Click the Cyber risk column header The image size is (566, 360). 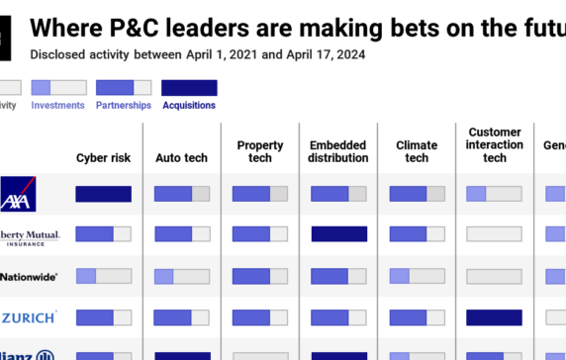[103, 158]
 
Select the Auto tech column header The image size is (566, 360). [181, 158]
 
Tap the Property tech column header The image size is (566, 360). [260, 151]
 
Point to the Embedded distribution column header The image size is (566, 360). [338, 151]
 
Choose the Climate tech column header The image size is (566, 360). [417, 151]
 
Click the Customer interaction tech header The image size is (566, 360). [495, 144]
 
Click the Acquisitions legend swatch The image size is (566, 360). [189, 87]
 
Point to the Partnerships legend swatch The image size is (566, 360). [124, 87]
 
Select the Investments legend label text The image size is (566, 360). [58, 105]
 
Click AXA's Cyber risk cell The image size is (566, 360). [103, 194]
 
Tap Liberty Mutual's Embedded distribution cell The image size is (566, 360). [338, 234]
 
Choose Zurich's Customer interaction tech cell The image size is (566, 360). [495, 317]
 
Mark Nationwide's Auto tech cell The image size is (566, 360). [181, 276]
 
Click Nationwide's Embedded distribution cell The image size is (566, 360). [338, 276]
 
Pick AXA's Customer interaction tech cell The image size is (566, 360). [495, 194]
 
